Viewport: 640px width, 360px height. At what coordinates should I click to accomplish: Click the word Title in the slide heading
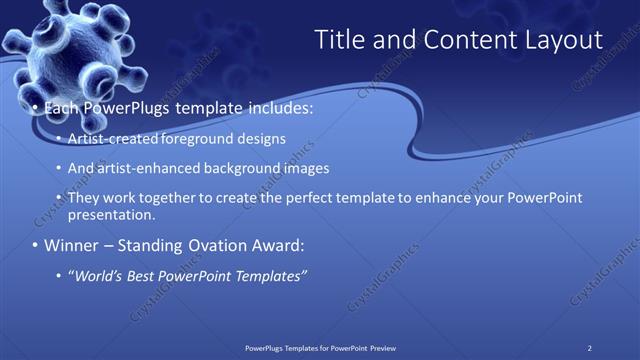339,40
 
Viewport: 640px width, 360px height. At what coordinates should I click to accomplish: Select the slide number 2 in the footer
590,347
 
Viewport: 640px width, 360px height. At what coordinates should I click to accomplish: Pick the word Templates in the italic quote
267,276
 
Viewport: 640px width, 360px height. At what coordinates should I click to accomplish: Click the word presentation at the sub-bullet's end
110,214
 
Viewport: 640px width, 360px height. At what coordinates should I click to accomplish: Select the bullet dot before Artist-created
58,139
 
